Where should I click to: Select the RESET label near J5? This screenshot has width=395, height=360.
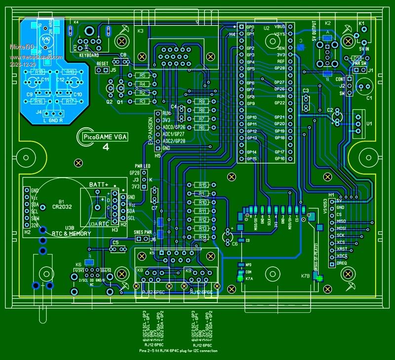102,64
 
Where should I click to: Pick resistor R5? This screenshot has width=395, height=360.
142,75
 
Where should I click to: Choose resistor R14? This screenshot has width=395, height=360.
202,237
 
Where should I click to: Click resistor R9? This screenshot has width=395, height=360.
201,102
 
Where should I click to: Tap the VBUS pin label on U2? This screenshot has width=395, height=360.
279,26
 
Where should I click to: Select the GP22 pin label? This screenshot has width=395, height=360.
279,103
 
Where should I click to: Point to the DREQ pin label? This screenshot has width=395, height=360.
343,263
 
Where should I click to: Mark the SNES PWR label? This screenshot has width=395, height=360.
143,232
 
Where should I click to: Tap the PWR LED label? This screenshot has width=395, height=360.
142,166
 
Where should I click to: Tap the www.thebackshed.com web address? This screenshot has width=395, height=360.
30,52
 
